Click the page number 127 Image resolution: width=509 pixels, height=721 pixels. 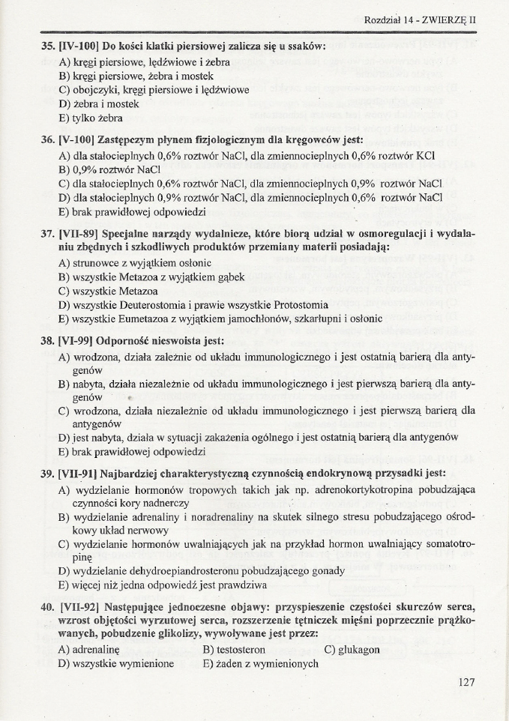click(465, 681)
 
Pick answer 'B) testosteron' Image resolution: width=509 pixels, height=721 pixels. click(233, 649)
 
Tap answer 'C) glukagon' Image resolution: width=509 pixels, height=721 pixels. click(352, 649)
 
